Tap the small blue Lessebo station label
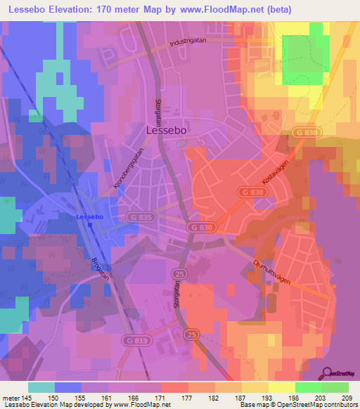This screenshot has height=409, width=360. pyautogui.click(x=90, y=216)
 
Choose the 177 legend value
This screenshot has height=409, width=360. pyautogui.click(x=187, y=396)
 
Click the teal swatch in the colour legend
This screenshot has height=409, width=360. pyautogui.click(x=41, y=387)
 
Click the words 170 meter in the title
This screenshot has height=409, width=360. pyautogui.click(x=136, y=8)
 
